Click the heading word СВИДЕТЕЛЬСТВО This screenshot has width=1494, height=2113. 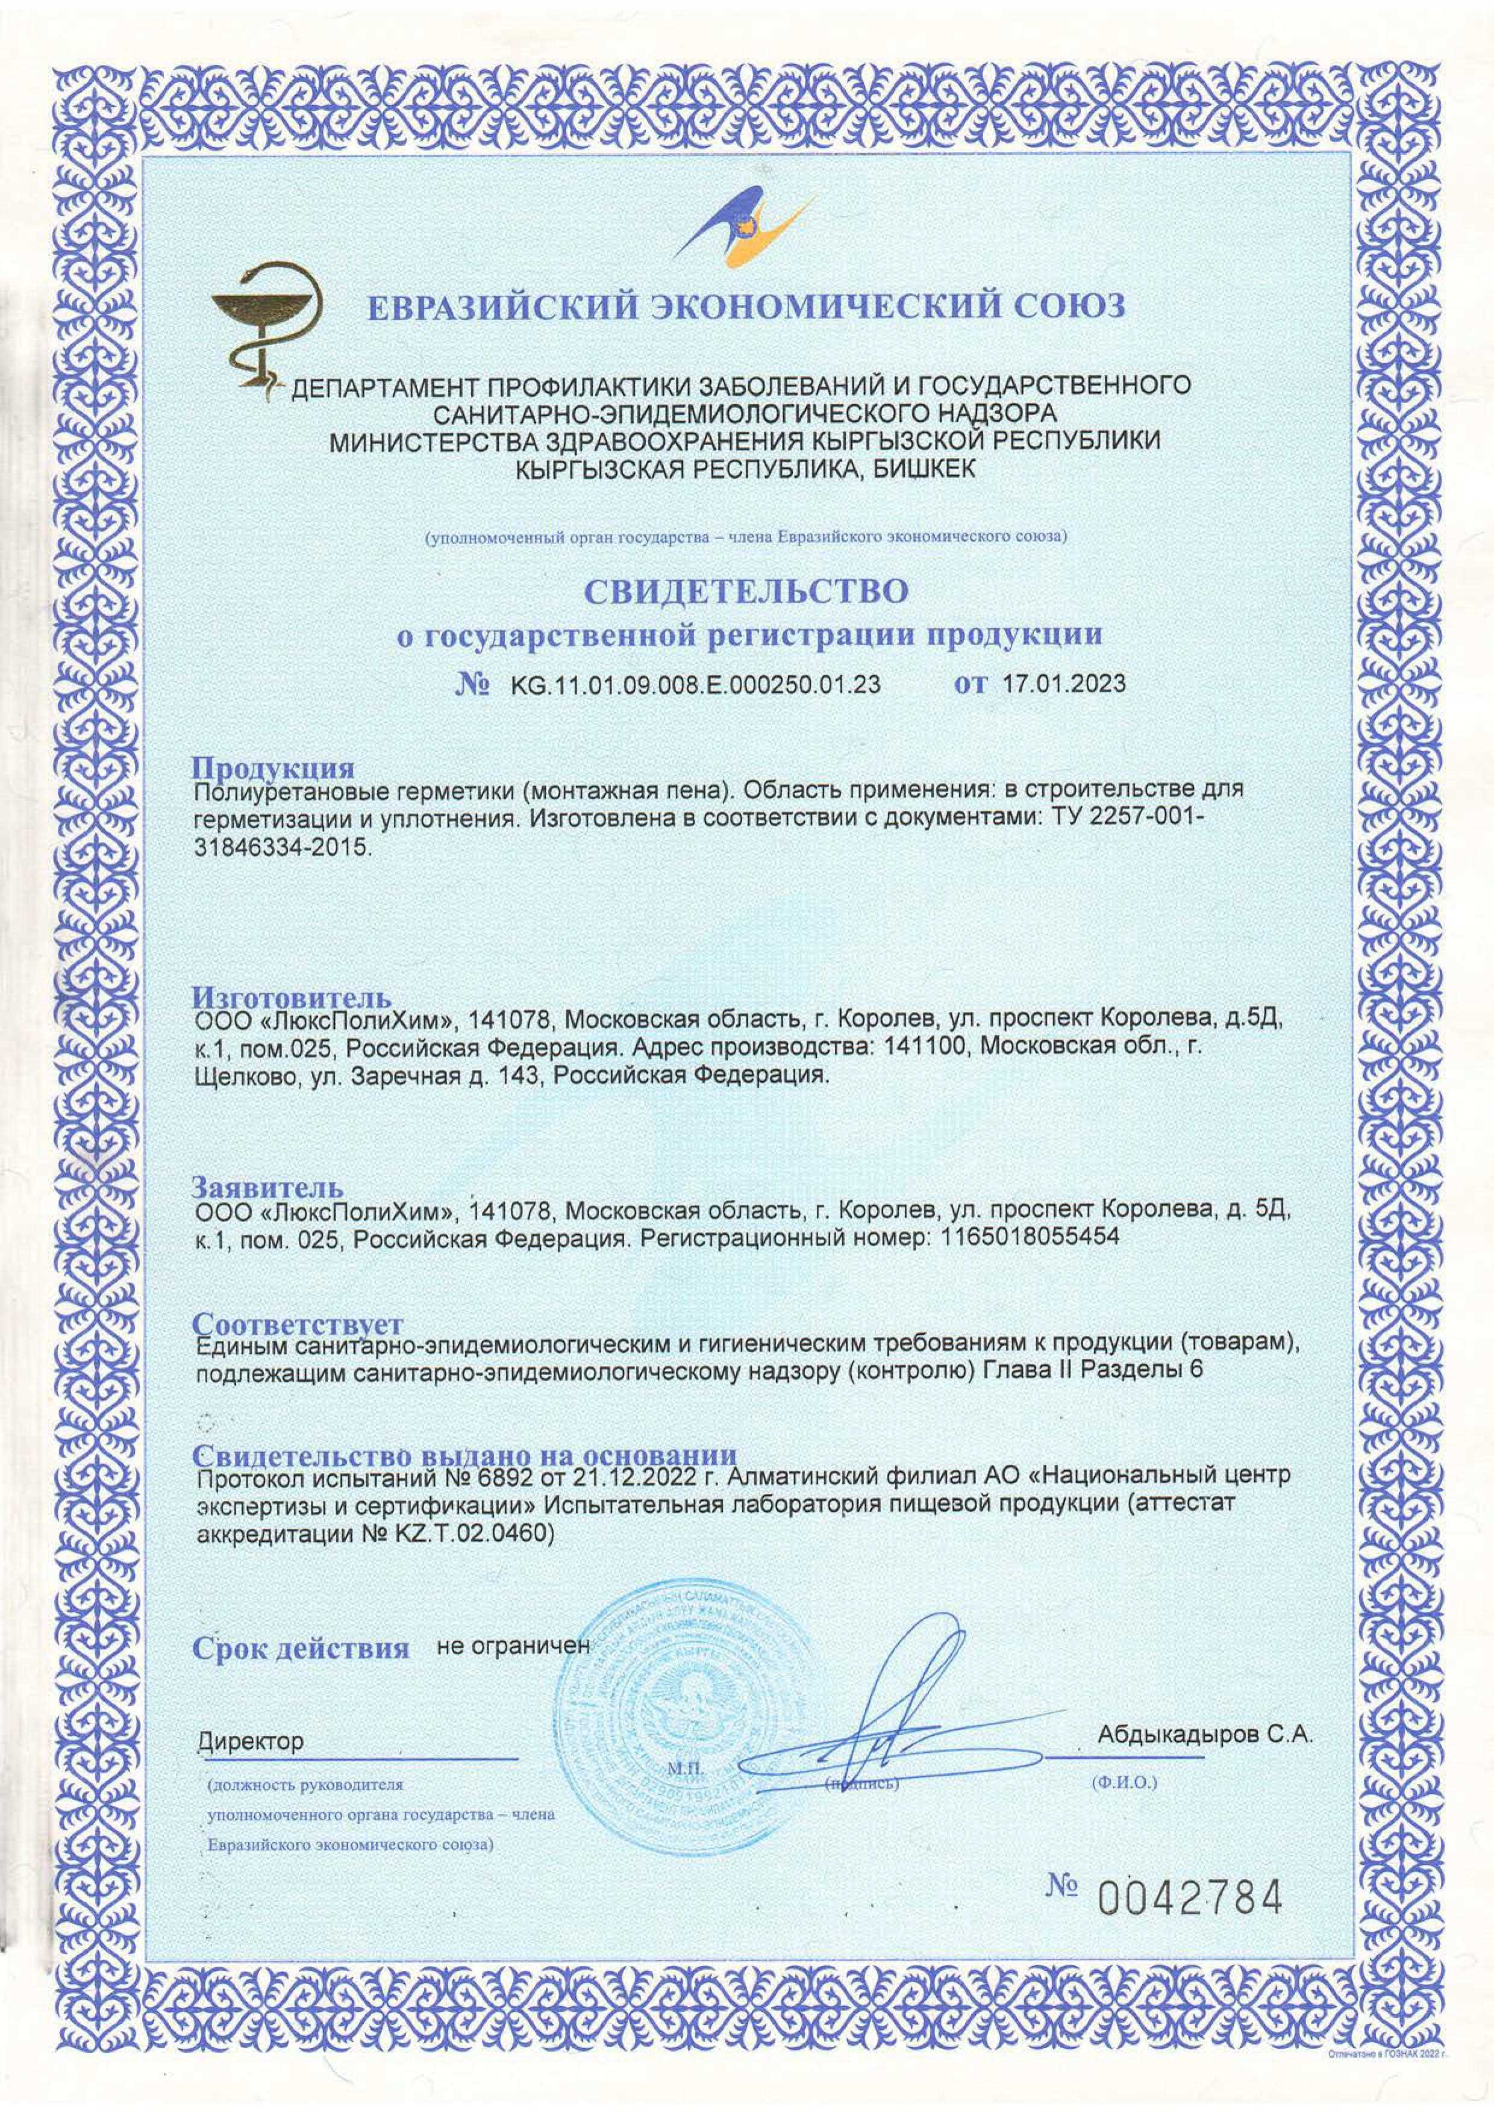point(746,591)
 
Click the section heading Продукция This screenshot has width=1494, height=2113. point(272,767)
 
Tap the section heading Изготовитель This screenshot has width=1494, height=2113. point(292,997)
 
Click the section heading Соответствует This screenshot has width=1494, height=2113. point(298,1323)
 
